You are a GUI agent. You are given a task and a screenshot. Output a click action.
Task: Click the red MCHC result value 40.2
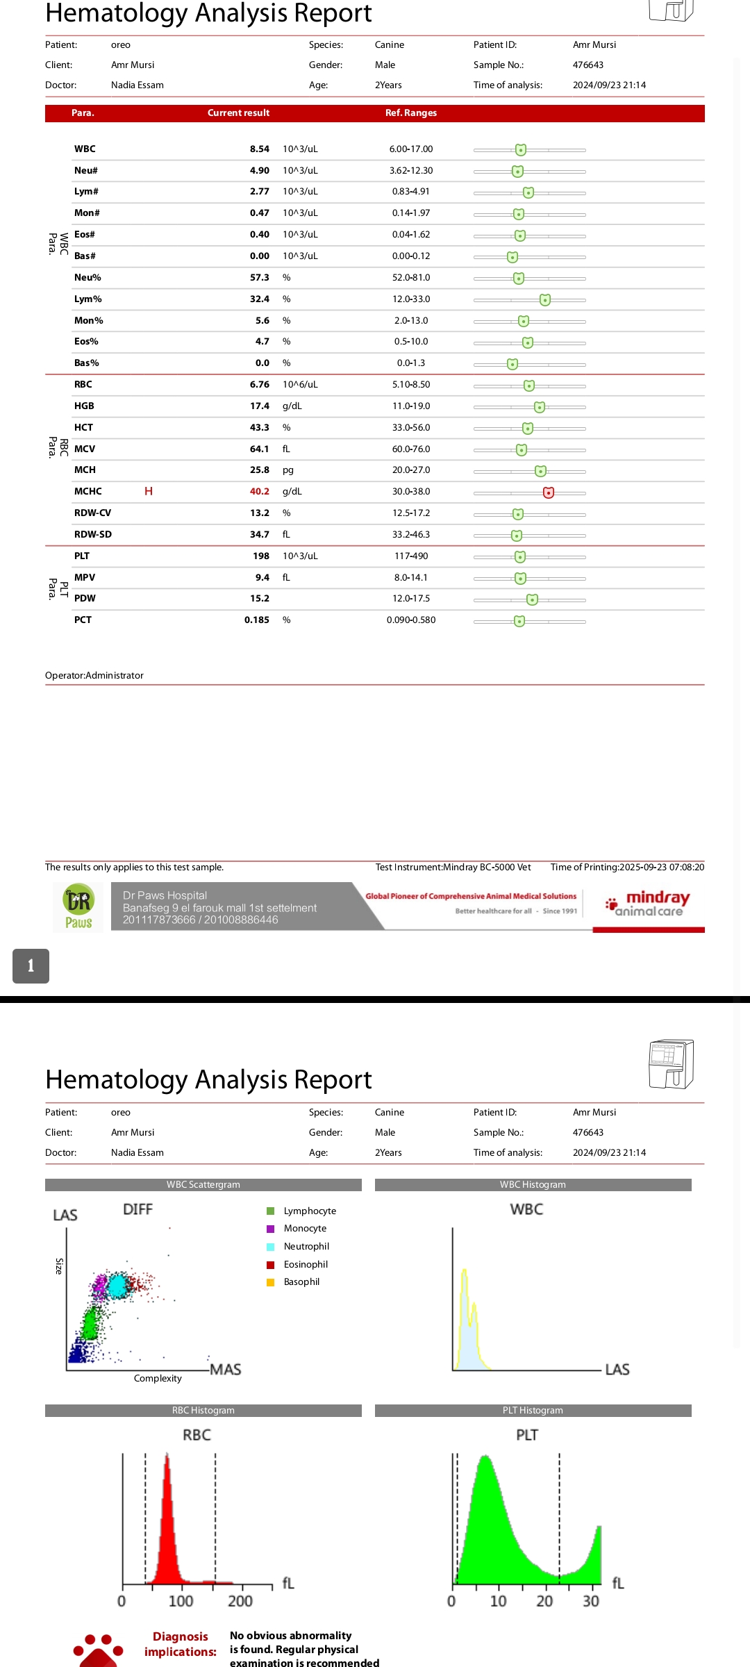point(259,491)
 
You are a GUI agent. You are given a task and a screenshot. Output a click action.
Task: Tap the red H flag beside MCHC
point(148,491)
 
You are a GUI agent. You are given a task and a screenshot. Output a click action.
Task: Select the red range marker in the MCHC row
point(548,492)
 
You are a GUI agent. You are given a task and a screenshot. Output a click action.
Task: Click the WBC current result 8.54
point(259,149)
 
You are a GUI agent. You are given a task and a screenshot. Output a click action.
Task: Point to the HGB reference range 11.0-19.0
point(410,406)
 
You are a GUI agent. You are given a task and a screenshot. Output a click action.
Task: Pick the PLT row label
point(82,556)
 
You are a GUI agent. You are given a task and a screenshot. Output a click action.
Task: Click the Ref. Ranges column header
point(410,113)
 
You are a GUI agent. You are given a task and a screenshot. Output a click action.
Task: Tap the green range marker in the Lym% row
point(545,299)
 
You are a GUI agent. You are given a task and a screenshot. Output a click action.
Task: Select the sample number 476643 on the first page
point(587,65)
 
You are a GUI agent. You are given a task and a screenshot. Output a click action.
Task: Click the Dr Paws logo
point(78,906)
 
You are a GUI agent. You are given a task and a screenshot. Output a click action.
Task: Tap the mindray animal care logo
point(648,904)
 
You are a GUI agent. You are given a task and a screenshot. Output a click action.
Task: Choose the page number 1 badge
point(31,965)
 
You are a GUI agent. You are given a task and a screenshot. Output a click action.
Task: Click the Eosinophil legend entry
point(306,1264)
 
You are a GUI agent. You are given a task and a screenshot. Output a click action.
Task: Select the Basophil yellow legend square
point(270,1282)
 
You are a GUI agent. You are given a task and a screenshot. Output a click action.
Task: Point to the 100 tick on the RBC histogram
point(181,1601)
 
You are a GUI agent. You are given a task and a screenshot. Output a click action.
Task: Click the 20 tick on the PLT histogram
point(544,1601)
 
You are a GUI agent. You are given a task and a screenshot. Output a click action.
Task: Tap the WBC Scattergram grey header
point(203,1184)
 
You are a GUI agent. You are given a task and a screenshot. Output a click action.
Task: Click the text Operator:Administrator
point(94,675)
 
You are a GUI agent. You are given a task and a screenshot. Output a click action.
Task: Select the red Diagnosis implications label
point(180,1644)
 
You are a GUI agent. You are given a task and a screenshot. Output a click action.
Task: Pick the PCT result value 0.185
point(256,620)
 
